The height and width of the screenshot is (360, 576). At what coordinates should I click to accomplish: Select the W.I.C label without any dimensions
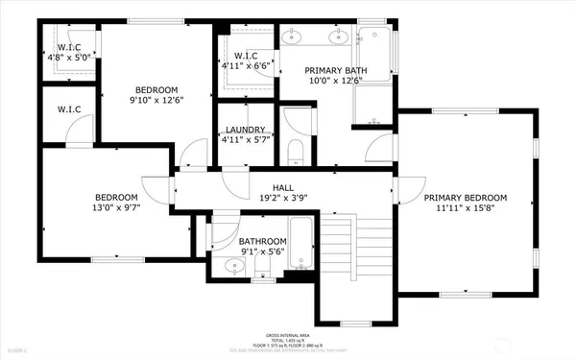pyautogui.click(x=66, y=108)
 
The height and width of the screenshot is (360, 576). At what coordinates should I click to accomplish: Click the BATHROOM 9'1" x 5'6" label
pyautogui.click(x=262, y=241)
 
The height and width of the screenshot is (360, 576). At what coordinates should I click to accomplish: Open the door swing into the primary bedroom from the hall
pyautogui.click(x=409, y=189)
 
